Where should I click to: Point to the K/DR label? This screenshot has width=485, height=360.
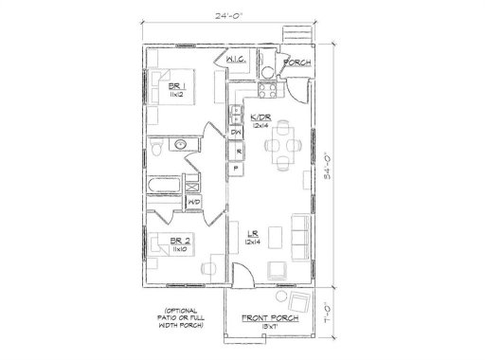[x=260, y=117]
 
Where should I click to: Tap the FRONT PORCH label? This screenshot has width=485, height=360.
[x=271, y=317]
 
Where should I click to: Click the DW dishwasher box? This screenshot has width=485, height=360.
[x=236, y=132]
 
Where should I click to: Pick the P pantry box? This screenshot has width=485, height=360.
[x=236, y=169]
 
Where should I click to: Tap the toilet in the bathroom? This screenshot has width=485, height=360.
[x=156, y=149]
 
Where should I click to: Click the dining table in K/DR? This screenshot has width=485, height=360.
[x=282, y=147]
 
